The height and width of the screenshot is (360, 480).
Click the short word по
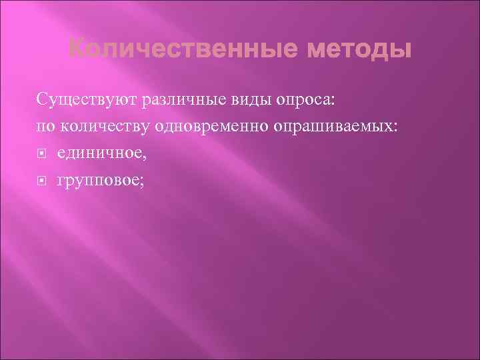[44, 127]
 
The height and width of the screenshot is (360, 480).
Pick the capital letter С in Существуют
[42, 101]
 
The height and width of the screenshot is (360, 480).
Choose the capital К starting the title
[77, 49]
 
